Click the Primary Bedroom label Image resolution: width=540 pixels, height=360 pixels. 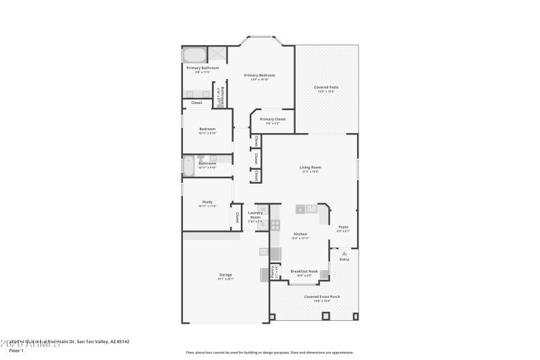pyautogui.click(x=259, y=75)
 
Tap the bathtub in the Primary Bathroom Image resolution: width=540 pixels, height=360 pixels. pyautogui.click(x=195, y=55)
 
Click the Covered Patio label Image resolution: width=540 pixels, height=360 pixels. pyautogui.click(x=326, y=87)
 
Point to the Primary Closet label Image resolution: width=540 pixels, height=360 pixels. pyautogui.click(x=272, y=119)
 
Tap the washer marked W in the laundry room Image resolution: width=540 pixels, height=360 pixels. pyautogui.click(x=255, y=209)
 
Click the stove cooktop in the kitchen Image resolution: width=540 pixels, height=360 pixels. pyautogui.click(x=275, y=224)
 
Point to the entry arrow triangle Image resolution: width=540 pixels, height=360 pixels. pyautogui.click(x=344, y=253)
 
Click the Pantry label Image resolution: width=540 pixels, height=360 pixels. pyautogui.click(x=273, y=271)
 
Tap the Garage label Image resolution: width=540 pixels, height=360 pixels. pyautogui.click(x=225, y=275)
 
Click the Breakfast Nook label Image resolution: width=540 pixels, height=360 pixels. pyautogui.click(x=304, y=271)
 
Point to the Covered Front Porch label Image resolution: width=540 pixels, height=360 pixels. pyautogui.click(x=321, y=297)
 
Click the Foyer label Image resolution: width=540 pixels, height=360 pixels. pyautogui.click(x=343, y=227)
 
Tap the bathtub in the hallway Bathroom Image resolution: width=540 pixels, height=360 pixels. pyautogui.click(x=188, y=165)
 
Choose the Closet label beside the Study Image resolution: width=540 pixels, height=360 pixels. pyautogui.click(x=237, y=217)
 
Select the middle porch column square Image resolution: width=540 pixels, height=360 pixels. pyautogui.click(x=272, y=316)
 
